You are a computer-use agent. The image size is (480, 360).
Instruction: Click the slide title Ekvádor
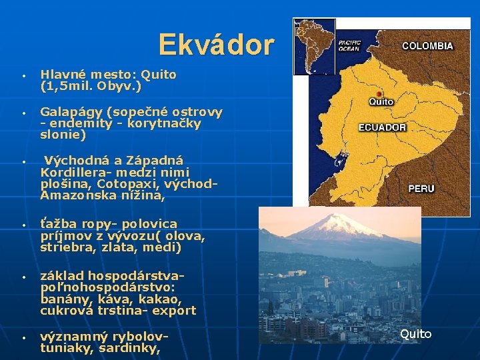[x=216, y=45]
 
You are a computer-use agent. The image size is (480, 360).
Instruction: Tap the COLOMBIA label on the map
[x=427, y=47]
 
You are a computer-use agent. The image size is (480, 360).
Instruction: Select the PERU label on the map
[x=421, y=189]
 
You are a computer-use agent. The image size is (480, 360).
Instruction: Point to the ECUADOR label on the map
[x=382, y=127]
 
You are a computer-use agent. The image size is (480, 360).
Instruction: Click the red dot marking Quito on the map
[x=379, y=94]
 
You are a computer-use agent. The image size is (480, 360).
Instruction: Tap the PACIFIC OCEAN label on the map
[x=349, y=45]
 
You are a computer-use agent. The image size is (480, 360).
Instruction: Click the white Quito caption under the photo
[x=415, y=334]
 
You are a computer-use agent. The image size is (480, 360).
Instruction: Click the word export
[x=174, y=310]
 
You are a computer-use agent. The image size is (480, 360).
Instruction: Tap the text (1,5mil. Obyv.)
[x=91, y=86]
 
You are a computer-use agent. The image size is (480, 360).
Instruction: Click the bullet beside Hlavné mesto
[x=23, y=75]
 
